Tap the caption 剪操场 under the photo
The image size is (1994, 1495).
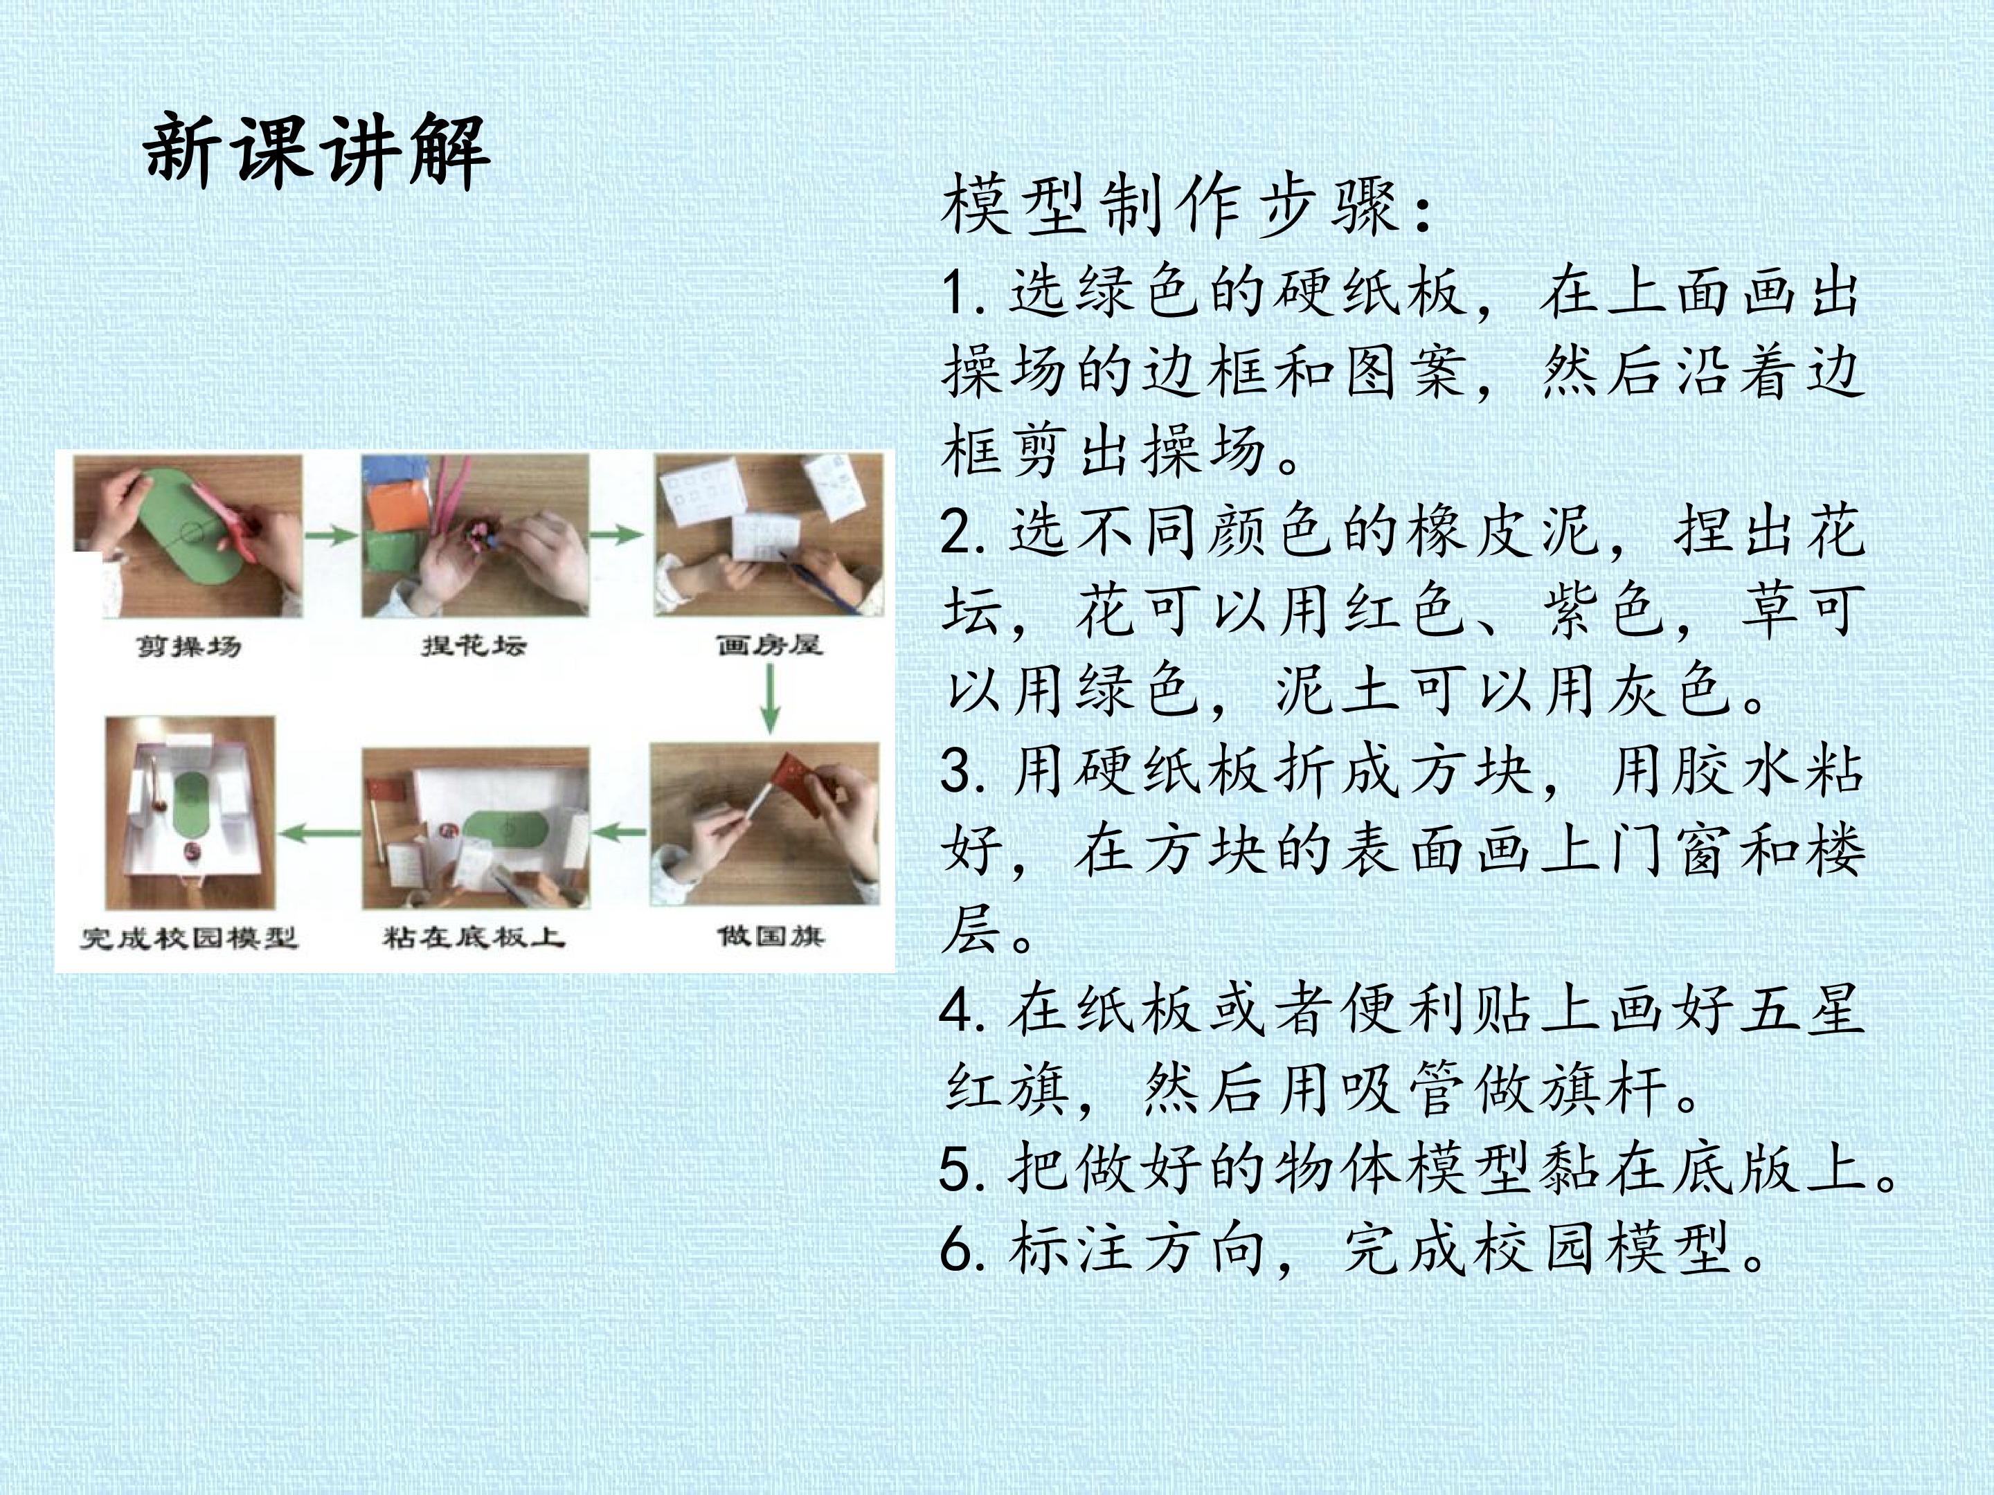pyautogui.click(x=189, y=646)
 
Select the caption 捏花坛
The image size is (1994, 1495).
pyautogui.click(x=474, y=645)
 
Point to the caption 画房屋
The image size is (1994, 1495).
pyautogui.click(x=769, y=645)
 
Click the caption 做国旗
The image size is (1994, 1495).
pyautogui.click(x=771, y=936)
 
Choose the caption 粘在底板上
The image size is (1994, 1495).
pyautogui.click(x=474, y=937)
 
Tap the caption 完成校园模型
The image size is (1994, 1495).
pyautogui.click(x=188, y=938)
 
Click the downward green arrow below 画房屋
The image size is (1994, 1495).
pyautogui.click(x=769, y=699)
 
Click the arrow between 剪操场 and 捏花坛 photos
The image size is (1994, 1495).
pyautogui.click(x=332, y=535)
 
